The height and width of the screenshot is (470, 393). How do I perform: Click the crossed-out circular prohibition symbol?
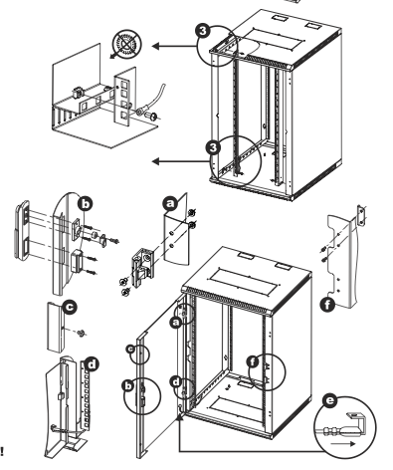[x=126, y=44]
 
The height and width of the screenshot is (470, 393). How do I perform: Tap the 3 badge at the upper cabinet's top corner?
[x=203, y=31]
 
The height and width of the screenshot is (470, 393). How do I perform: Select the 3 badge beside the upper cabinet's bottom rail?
[x=213, y=147]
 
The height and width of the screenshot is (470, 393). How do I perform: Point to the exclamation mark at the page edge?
[x=2, y=451]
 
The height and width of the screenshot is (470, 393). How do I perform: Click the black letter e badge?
[x=329, y=401]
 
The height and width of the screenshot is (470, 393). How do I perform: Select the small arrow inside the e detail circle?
[x=343, y=444]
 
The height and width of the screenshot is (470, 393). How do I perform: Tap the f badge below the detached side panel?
[x=327, y=305]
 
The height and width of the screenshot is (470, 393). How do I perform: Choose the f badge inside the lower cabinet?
[x=253, y=361]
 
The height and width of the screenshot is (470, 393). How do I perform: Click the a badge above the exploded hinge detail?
[x=170, y=203]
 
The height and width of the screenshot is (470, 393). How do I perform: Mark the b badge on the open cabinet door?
[x=128, y=385]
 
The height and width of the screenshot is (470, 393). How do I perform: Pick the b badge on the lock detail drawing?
[x=86, y=204]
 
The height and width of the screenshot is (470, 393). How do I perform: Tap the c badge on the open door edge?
[x=131, y=349]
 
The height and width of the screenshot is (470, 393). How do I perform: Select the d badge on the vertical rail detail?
[x=92, y=364]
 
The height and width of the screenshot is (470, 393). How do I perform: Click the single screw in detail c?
[x=80, y=333]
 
